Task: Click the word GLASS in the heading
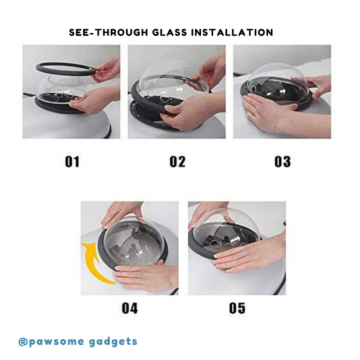(x=170, y=32)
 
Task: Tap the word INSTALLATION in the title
(x=232, y=32)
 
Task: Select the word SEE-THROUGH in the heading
(x=108, y=32)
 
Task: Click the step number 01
(x=72, y=162)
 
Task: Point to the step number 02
(x=177, y=162)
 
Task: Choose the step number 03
(x=283, y=162)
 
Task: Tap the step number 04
(x=130, y=308)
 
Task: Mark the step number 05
(x=237, y=308)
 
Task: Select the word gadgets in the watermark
(x=113, y=342)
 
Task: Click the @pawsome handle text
(x=51, y=342)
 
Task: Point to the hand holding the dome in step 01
(x=94, y=100)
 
